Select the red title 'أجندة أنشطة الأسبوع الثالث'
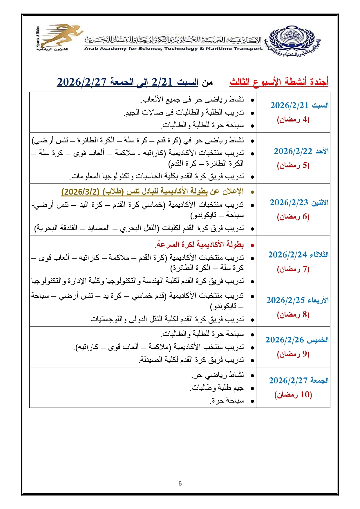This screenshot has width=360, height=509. point(279,82)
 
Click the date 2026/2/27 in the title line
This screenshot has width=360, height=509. point(82,82)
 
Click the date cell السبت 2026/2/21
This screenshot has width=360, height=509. point(299,106)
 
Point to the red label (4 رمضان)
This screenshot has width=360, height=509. point(293,119)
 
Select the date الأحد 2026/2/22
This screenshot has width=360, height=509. point(301,151)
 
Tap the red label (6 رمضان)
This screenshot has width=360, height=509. point(293,217)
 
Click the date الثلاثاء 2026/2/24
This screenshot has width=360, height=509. point(298,255)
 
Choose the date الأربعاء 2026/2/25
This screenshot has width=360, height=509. point(297,300)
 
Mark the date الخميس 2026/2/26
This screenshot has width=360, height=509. point(297,340)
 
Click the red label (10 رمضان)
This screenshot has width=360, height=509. point(293,395)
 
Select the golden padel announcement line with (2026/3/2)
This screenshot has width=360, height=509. point(152,192)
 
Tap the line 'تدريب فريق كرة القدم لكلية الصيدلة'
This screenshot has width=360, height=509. point(191,360)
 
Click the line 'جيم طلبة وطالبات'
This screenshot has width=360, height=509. point(217,388)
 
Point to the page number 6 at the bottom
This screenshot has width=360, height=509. point(180,483)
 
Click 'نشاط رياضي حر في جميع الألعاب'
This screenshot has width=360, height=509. point(192,100)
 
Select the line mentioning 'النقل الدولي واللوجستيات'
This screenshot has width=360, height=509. point(167,319)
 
